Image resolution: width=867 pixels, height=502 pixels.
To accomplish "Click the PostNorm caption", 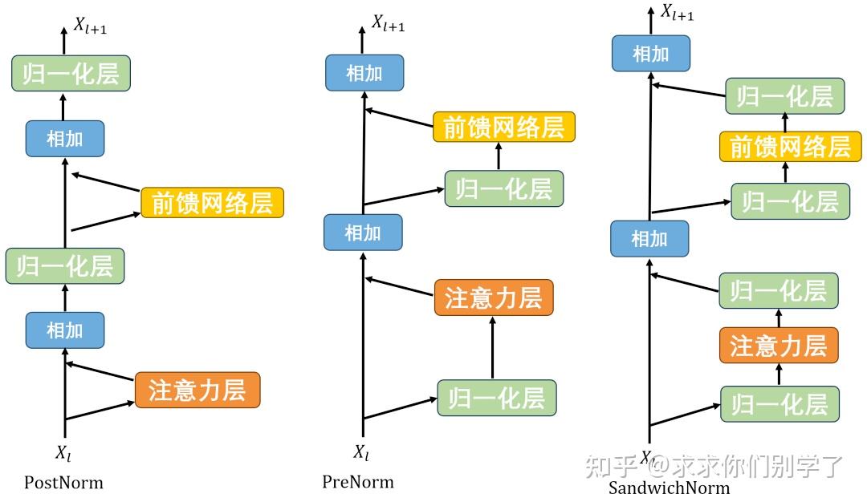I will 63,483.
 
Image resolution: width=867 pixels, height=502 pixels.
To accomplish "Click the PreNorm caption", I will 358,482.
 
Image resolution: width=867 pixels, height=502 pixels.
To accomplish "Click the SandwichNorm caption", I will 669,488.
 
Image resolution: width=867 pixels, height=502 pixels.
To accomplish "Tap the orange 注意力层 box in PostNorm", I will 197,390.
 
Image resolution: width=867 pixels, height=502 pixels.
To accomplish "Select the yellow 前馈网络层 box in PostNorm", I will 213,203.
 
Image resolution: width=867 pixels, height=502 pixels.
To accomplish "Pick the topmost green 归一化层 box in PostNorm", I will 71,74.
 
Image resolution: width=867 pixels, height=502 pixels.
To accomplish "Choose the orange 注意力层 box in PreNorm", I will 494,298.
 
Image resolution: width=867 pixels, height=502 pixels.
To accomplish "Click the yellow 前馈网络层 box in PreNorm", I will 503,127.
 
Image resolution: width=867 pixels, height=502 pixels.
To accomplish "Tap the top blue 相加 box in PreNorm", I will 364,74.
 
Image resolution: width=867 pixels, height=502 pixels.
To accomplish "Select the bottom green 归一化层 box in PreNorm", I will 496,398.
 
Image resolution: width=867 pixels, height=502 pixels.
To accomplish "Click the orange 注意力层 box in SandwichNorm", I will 778,346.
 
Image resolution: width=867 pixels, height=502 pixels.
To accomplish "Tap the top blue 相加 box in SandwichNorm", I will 650,54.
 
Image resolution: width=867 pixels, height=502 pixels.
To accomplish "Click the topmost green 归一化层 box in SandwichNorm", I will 784,96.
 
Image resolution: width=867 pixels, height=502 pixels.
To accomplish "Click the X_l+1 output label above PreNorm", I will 387,24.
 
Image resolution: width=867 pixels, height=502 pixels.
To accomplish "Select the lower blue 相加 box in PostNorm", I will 65,330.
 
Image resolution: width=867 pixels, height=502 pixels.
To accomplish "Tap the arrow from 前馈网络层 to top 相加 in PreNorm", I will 399,118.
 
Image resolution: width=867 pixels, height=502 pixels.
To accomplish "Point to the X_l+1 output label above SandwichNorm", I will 677,13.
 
